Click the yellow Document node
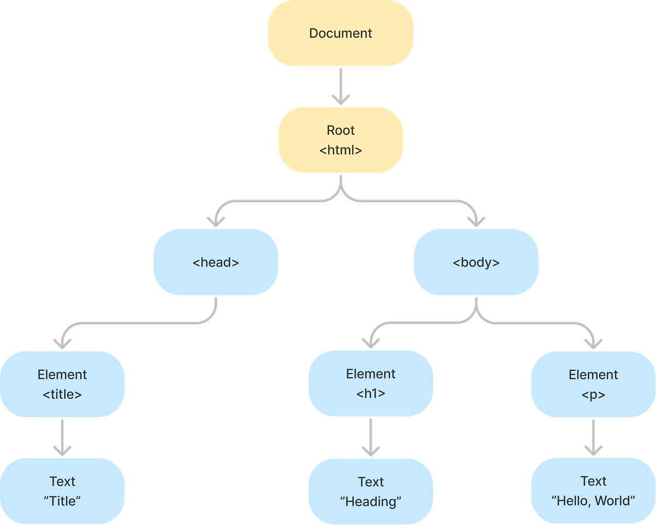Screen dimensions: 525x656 coord(341,33)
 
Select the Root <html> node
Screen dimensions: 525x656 coord(341,140)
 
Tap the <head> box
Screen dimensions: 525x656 coord(215,262)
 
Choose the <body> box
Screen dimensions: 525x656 coord(476,262)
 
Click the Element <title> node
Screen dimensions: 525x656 coord(62,384)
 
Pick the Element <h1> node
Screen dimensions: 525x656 coord(371,383)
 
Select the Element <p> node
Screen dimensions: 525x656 coord(593,384)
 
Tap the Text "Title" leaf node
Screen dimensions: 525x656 coord(62,491)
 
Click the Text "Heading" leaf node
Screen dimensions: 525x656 coord(371,491)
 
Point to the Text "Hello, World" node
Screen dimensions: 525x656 coord(593,491)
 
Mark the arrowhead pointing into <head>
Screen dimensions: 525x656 coord(215,220)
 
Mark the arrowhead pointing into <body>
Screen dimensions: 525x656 coord(476,220)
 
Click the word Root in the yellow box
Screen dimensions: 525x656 coord(341,130)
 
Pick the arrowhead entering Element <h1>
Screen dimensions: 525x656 coord(371,342)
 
